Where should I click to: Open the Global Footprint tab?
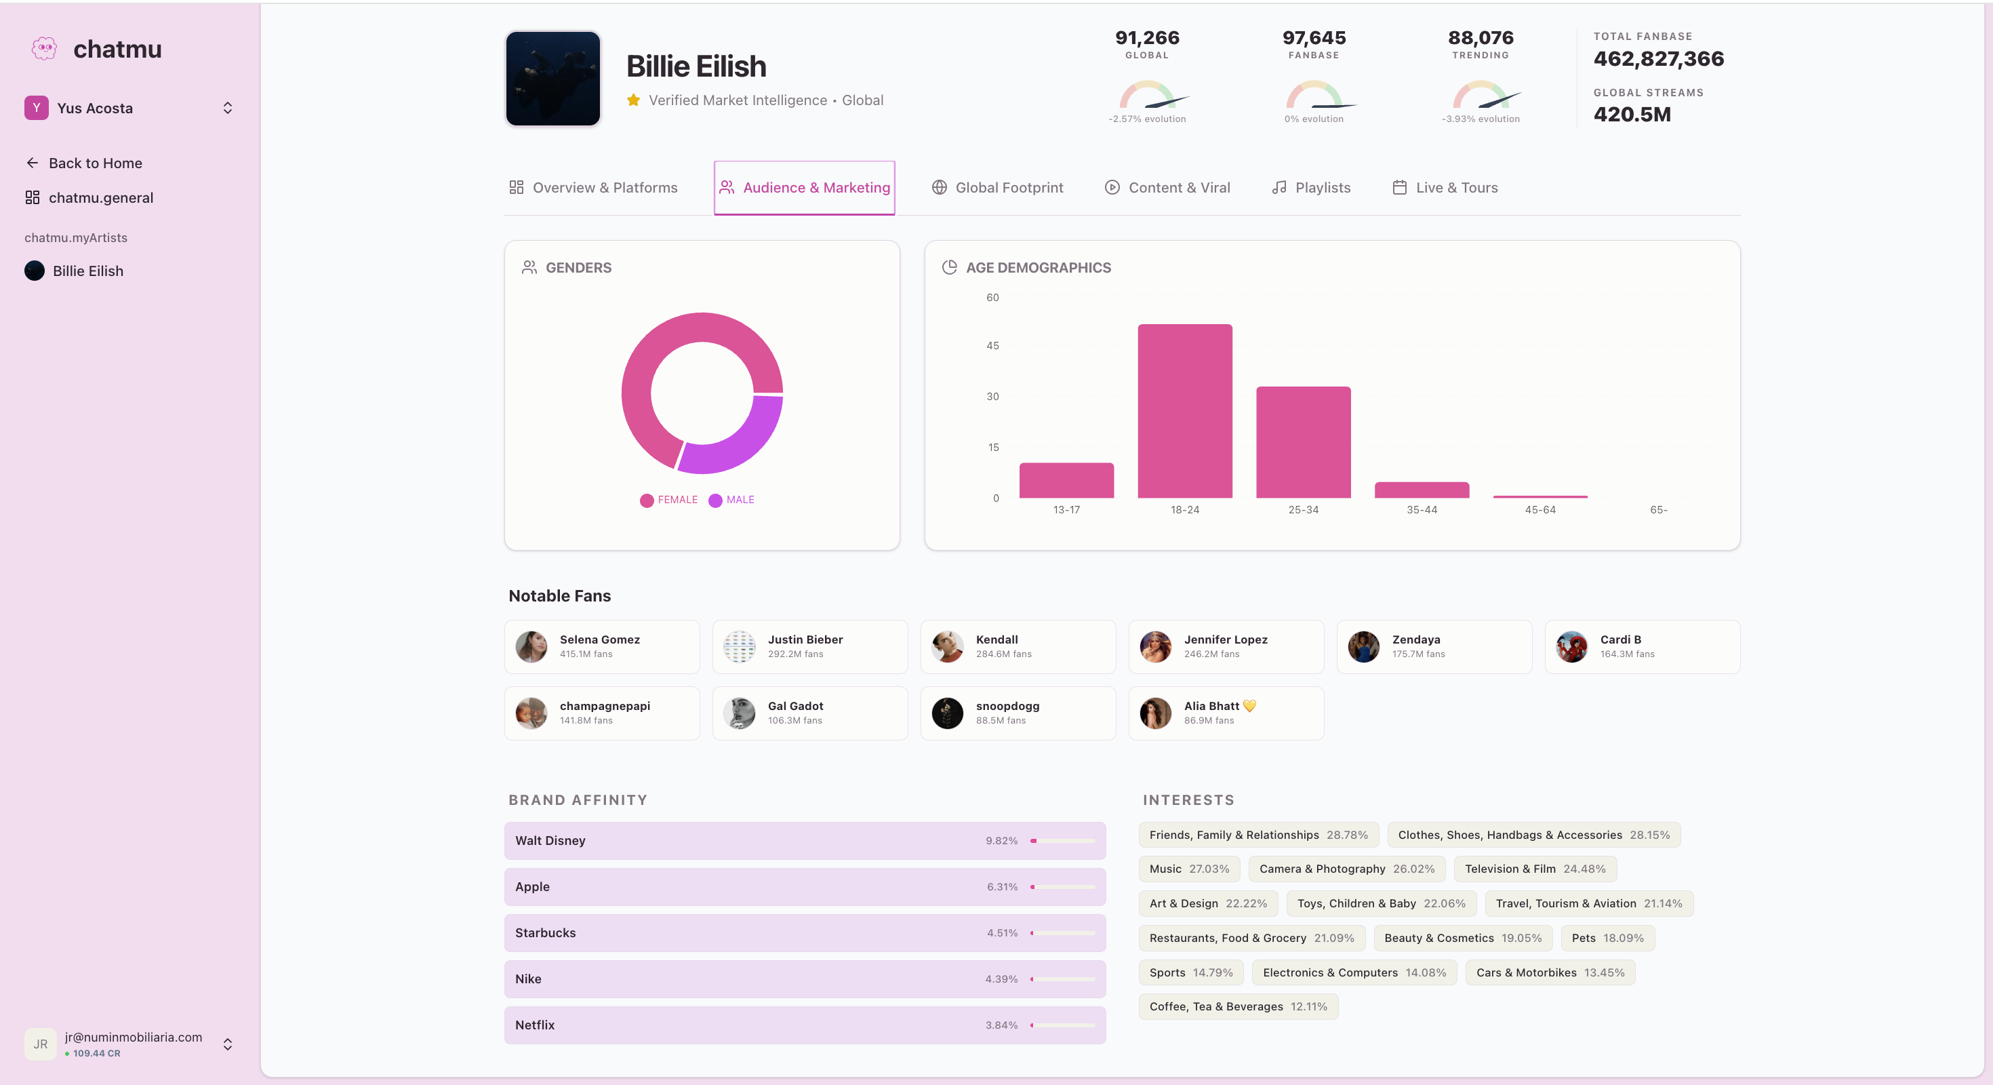pyautogui.click(x=997, y=188)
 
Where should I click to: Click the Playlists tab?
pyautogui.click(x=1312, y=188)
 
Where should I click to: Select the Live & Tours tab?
pyautogui.click(x=1445, y=188)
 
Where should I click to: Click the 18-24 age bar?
pyautogui.click(x=1184, y=411)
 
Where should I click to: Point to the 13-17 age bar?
pyautogui.click(x=1066, y=480)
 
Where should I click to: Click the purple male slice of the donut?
pyautogui.click(x=743, y=445)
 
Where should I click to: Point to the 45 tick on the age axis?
pyautogui.click(x=992, y=346)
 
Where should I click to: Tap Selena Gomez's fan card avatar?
pyautogui.click(x=531, y=647)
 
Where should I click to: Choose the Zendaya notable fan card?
pyautogui.click(x=1434, y=647)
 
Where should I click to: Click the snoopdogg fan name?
pyautogui.click(x=1007, y=706)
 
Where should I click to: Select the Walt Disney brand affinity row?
pyautogui.click(x=805, y=840)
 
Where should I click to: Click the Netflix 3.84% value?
pyautogui.click(x=1001, y=1025)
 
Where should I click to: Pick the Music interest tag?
pyautogui.click(x=1188, y=869)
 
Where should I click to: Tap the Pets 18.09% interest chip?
pyautogui.click(x=1607, y=938)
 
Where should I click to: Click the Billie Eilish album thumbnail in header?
pyautogui.click(x=553, y=79)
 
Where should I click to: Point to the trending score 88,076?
pyautogui.click(x=1480, y=38)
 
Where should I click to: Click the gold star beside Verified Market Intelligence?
pyautogui.click(x=634, y=100)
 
